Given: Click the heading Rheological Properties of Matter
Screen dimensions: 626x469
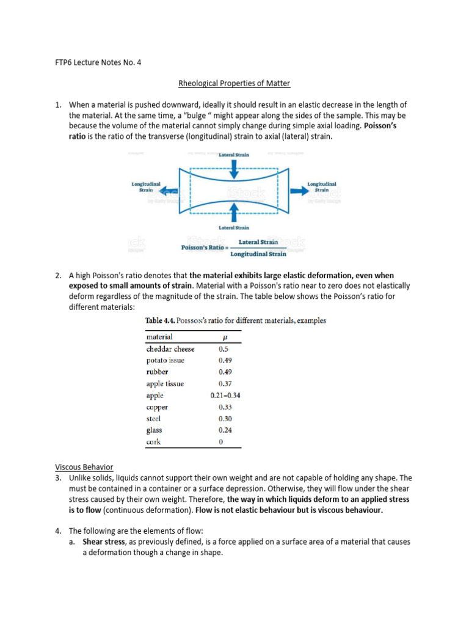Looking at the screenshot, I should pyautogui.click(x=234, y=83).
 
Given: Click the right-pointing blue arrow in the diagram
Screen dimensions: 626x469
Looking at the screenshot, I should pyautogui.click(x=299, y=190).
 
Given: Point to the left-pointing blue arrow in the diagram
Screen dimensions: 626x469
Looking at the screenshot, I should pyautogui.click(x=162, y=191).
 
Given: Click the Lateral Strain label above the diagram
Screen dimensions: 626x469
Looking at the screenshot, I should pyautogui.click(x=234, y=155).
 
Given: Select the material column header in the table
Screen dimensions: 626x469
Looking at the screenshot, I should pyautogui.click(x=159, y=337).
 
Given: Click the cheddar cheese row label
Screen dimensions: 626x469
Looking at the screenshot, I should pyautogui.click(x=170, y=349).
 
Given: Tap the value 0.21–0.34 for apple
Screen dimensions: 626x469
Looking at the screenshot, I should pyautogui.click(x=225, y=396).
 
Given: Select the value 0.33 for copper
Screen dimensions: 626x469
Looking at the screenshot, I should pyautogui.click(x=225, y=407).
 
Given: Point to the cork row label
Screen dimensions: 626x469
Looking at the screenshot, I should pyautogui.click(x=154, y=442).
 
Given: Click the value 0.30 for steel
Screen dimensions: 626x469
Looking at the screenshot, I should pyautogui.click(x=225, y=419).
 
